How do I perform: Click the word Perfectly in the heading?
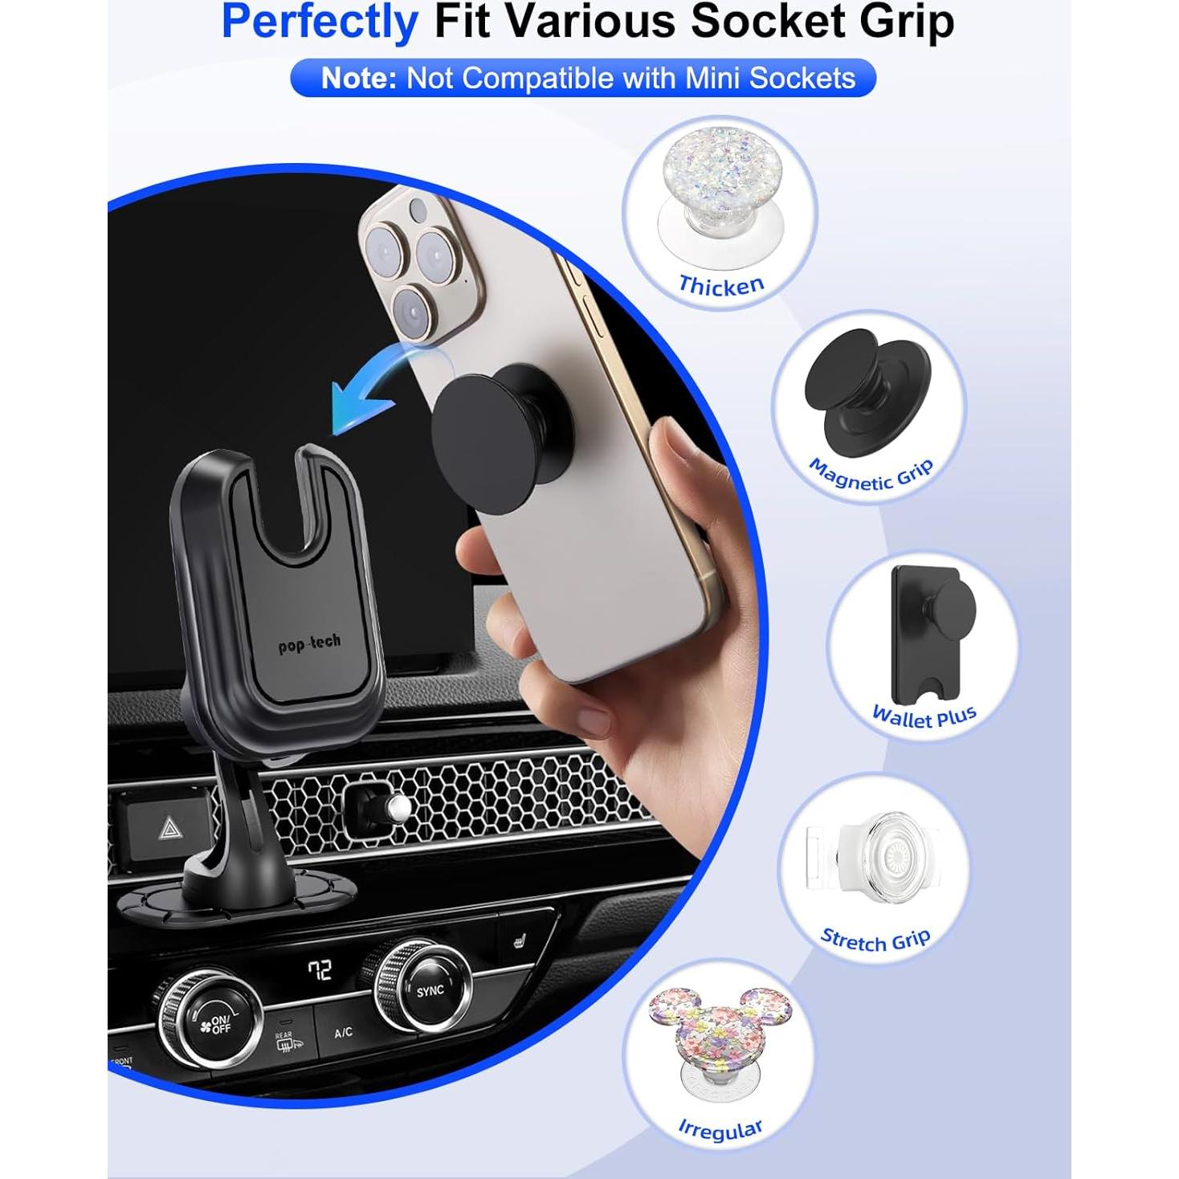click(320, 22)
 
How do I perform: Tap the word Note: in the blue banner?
click(358, 79)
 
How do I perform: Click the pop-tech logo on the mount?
click(309, 643)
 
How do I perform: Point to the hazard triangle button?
click(170, 828)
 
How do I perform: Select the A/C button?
click(343, 1032)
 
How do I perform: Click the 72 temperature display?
click(320, 970)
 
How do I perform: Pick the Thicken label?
click(720, 286)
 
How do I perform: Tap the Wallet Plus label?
click(924, 716)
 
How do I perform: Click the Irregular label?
click(720, 1129)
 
